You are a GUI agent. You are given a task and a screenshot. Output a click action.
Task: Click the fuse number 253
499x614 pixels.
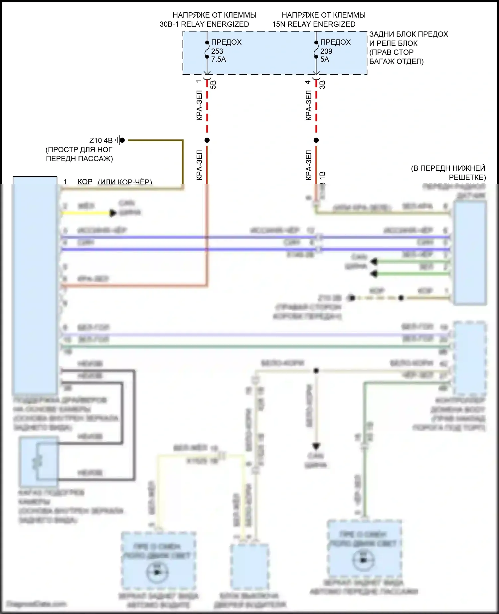click(217, 51)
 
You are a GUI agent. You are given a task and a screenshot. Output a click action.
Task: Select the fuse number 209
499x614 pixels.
click(326, 51)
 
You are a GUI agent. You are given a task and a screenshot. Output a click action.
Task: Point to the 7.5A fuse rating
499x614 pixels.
click(219, 60)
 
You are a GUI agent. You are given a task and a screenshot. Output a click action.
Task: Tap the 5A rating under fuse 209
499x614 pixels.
click(325, 60)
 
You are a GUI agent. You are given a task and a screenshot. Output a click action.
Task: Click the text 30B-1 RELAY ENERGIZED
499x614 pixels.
click(204, 24)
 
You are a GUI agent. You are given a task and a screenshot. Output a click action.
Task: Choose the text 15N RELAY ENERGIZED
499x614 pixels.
click(314, 24)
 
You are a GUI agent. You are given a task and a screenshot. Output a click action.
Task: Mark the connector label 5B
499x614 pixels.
click(214, 84)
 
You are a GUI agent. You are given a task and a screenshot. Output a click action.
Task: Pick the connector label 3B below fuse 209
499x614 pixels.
click(322, 84)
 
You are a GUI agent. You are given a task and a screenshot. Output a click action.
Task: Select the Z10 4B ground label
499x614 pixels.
click(101, 141)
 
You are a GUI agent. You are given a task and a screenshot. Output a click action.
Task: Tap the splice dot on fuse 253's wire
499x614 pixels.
click(207, 140)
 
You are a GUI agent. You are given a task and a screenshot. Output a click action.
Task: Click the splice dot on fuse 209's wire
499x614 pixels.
click(316, 140)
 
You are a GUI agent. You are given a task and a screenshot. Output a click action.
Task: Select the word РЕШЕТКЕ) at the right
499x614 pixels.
click(467, 177)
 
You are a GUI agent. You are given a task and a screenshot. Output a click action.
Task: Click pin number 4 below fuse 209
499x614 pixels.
click(308, 82)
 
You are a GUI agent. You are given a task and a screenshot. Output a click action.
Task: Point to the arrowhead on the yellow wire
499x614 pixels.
click(113, 213)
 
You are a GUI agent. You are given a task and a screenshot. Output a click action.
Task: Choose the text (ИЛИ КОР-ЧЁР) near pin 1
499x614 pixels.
click(125, 182)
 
